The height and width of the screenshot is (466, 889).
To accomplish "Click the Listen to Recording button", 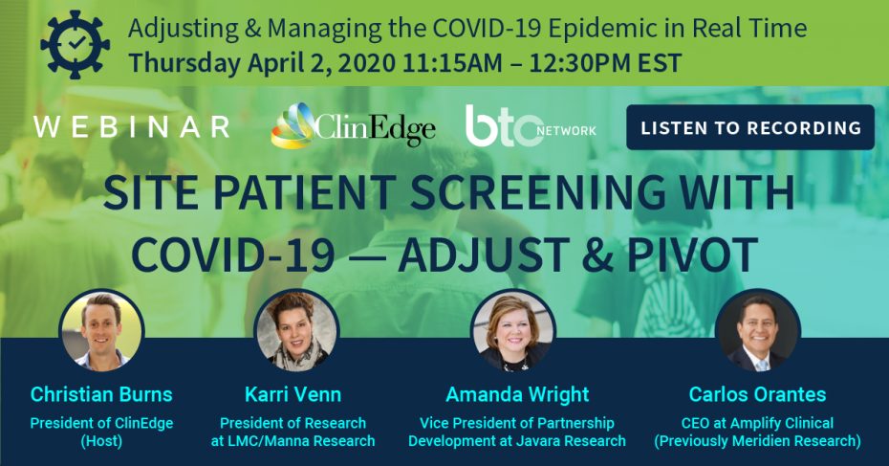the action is pyautogui.click(x=750, y=127).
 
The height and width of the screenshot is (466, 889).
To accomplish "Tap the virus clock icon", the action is pyautogui.click(x=76, y=44).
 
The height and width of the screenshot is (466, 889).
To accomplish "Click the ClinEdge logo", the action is pyautogui.click(x=353, y=126).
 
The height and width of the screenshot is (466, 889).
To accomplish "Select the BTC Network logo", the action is pyautogui.click(x=531, y=126).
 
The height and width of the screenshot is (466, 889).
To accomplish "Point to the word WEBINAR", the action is pyautogui.click(x=132, y=127).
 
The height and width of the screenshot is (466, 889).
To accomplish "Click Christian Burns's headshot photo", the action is pyautogui.click(x=102, y=331).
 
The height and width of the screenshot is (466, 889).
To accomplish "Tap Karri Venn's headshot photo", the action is pyautogui.click(x=296, y=331).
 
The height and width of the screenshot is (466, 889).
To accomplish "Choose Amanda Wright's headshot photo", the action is pyautogui.click(x=513, y=331).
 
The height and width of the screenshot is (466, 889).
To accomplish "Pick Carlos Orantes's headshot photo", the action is pyautogui.click(x=757, y=331).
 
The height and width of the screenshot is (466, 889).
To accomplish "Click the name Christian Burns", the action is pyautogui.click(x=101, y=394).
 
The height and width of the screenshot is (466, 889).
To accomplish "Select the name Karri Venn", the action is pyautogui.click(x=293, y=394).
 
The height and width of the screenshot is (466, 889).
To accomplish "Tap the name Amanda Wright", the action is pyautogui.click(x=518, y=395).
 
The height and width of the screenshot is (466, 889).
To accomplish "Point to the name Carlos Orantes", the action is pyautogui.click(x=757, y=394).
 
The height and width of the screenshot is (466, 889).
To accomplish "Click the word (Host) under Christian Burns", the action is pyautogui.click(x=101, y=441).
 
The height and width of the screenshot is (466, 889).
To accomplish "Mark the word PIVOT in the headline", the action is pyautogui.click(x=692, y=255).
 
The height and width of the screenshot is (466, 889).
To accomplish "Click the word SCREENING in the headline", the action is pyautogui.click(x=537, y=191).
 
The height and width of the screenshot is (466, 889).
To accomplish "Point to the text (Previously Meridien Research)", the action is pyautogui.click(x=757, y=441).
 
